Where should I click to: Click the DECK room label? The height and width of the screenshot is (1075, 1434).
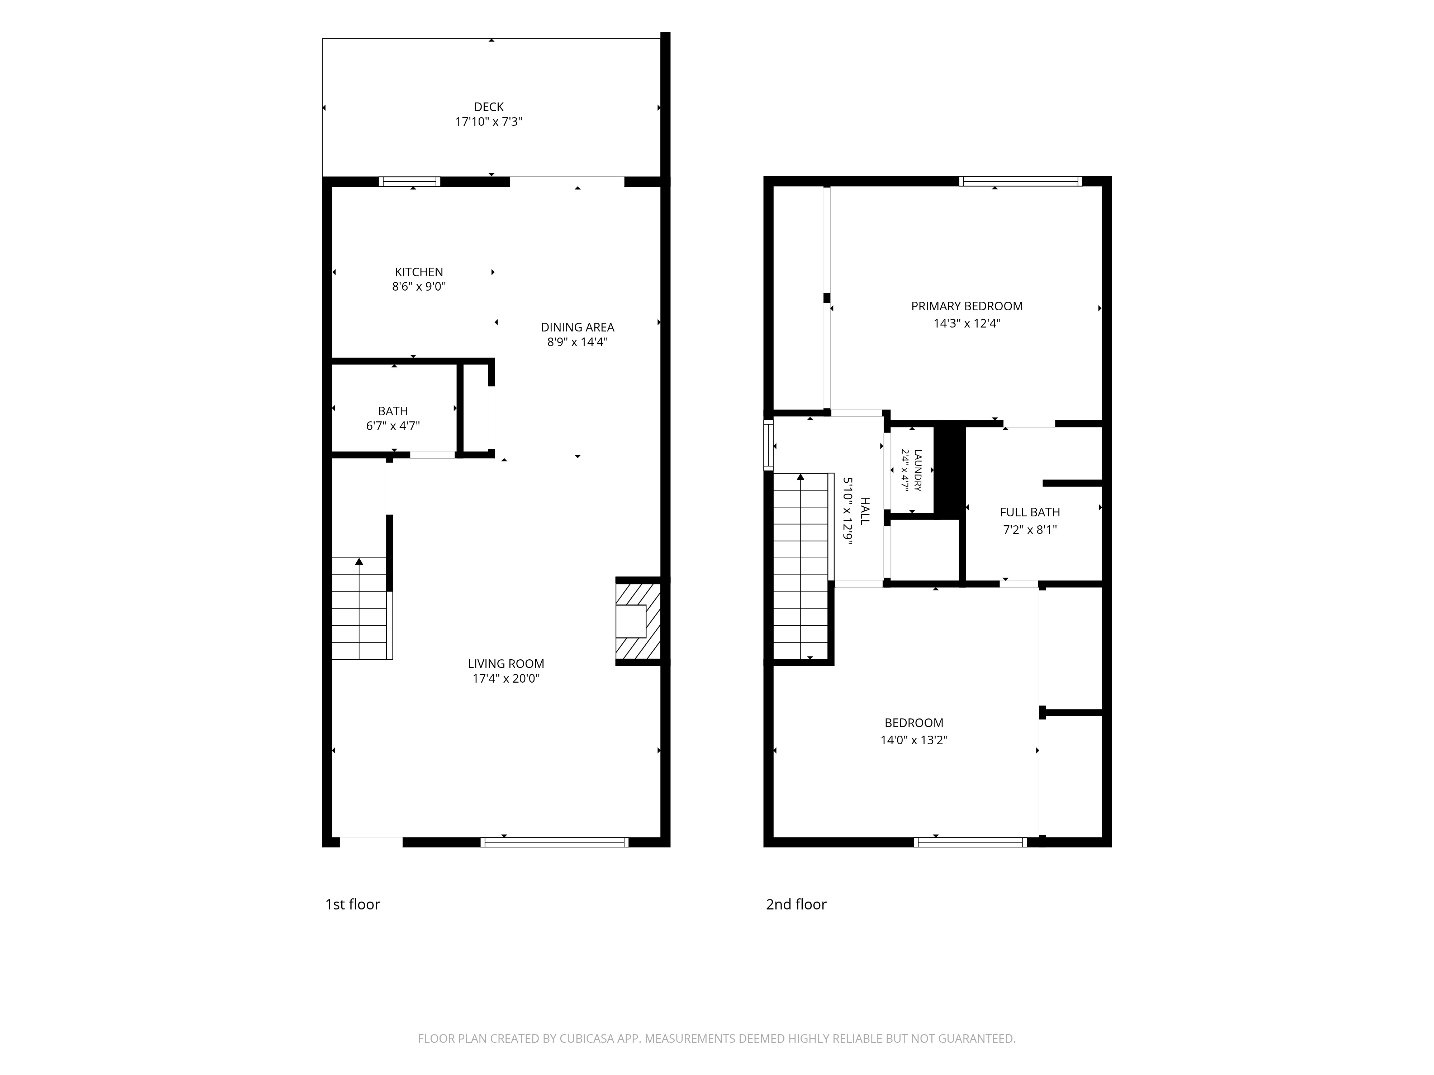point(489,107)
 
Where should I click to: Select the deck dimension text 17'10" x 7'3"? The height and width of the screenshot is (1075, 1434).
point(489,122)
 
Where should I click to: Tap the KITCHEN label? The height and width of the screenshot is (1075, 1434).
point(419,272)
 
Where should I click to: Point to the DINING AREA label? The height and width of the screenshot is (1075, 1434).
point(578,327)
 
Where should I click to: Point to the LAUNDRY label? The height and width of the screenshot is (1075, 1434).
point(918,470)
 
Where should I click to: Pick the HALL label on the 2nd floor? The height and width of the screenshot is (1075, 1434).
point(865,511)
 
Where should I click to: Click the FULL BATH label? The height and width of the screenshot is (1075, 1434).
point(1030,512)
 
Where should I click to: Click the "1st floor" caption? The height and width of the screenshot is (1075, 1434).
point(353,904)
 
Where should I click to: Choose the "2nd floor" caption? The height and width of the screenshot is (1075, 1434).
point(796,904)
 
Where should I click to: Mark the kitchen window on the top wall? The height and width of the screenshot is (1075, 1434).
point(410,181)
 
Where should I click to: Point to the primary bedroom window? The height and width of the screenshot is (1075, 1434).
point(1020,181)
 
